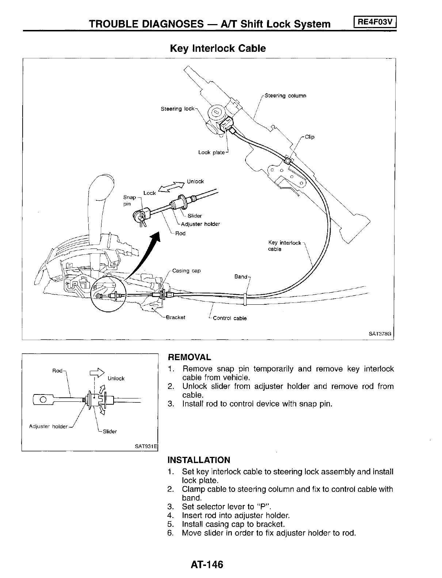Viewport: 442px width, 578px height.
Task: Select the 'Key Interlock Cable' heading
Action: point(218,49)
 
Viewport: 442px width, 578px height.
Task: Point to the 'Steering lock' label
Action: point(178,109)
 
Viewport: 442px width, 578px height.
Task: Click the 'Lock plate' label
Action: point(211,153)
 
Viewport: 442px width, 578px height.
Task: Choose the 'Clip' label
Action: point(309,137)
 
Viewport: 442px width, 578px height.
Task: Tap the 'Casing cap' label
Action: point(186,271)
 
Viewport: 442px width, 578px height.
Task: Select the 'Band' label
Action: point(241,277)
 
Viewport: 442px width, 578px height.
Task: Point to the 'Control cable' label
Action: point(229,318)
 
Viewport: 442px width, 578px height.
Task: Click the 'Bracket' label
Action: point(175,317)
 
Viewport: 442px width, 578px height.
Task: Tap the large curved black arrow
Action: point(146,255)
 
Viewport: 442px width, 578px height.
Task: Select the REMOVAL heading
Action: point(189,357)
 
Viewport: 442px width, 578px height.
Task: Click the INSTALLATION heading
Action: point(199,460)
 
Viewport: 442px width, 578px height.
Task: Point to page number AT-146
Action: point(206,564)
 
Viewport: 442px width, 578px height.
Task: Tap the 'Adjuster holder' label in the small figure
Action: point(48,427)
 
